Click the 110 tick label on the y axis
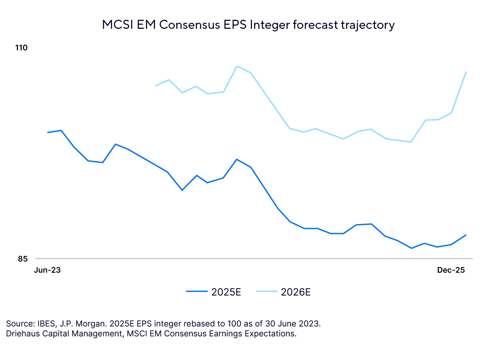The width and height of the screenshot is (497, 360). coord(22,47)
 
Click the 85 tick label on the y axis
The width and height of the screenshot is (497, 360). coord(22,258)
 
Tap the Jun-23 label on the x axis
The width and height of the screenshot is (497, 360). coord(47,270)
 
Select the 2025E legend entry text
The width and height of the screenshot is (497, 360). coord(226,292)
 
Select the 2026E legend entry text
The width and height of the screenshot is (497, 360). coord(296,292)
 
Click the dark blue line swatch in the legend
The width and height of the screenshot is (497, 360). coord(197,292)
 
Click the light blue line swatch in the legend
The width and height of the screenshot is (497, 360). coord(267,292)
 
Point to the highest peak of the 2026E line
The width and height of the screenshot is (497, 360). coord(237,66)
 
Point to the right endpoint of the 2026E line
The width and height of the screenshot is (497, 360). coord(466,71)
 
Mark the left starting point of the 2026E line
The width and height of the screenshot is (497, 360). coord(155,86)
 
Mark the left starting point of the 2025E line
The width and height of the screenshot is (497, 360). coord(47,132)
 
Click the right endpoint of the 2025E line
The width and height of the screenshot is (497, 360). coord(466,235)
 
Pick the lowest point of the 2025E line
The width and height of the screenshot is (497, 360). coord(411,248)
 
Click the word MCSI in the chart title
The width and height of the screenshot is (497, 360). coord(116,25)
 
